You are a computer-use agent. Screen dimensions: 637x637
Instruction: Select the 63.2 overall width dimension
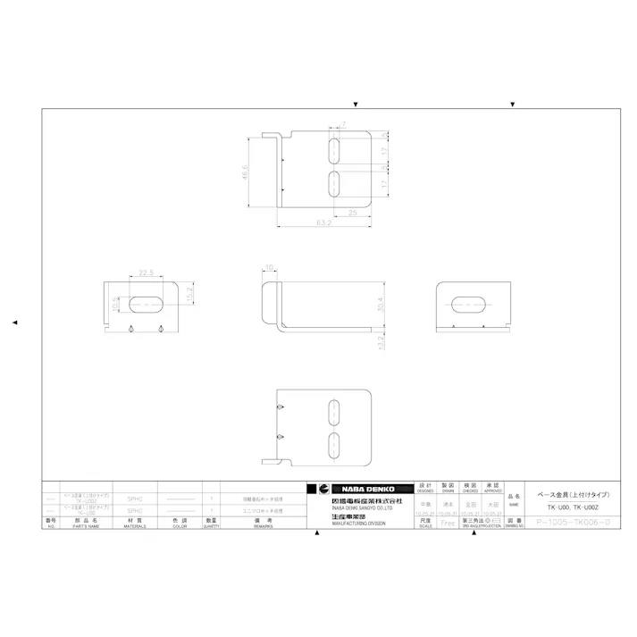pos(323,223)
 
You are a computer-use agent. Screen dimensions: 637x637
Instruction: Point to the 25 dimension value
pos(353,213)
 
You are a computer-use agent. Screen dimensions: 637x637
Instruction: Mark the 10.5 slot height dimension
pos(114,305)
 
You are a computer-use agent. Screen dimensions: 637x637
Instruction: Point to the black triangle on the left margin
pos(14,322)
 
